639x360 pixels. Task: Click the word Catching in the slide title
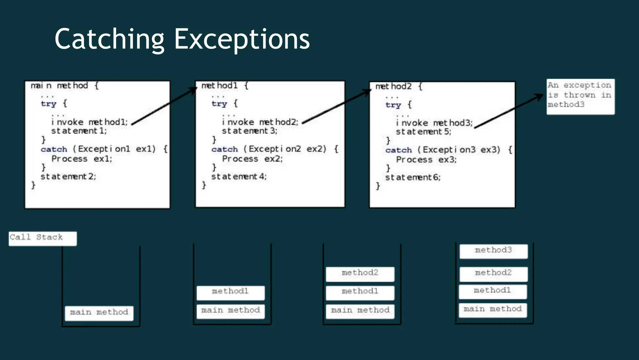109,39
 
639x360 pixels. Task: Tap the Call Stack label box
42,238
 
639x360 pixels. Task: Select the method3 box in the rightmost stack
494,251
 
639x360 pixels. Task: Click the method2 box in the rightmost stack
494,274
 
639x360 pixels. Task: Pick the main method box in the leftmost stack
99,313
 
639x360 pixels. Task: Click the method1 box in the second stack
231,292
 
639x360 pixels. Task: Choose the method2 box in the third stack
360,274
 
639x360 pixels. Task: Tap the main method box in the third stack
360,311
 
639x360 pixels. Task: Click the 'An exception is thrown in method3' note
580,96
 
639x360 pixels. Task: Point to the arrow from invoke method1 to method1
164,106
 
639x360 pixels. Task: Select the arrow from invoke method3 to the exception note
509,111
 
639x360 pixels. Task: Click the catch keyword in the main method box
54,149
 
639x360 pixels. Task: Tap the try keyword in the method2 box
393,105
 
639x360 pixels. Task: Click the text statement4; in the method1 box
239,177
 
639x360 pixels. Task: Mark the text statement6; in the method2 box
413,178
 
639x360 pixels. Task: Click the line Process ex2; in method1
252,159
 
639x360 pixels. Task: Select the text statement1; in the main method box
79,131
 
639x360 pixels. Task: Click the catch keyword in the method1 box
225,149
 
